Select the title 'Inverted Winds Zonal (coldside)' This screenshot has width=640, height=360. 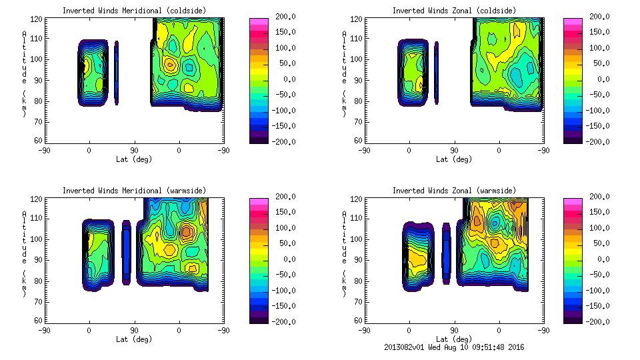(x=454, y=11)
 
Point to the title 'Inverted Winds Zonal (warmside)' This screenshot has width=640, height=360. (x=454, y=191)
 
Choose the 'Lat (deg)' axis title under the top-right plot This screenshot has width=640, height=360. (x=454, y=159)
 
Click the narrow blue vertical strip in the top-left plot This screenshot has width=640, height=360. (x=116, y=73)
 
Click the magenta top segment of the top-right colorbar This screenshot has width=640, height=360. (x=573, y=23)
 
